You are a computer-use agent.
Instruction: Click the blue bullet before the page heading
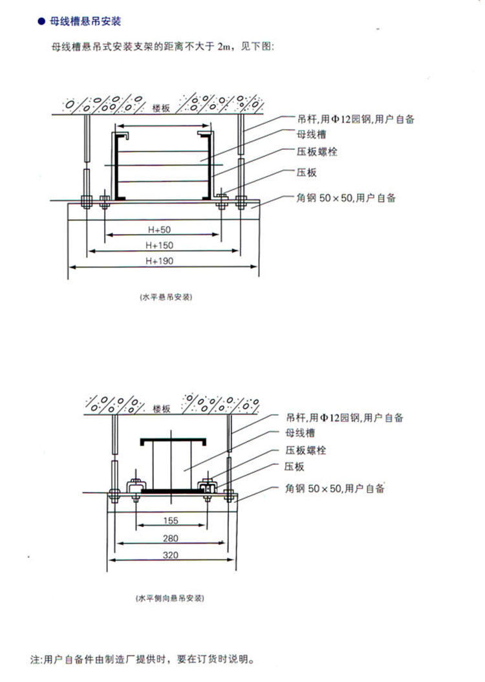point(41,21)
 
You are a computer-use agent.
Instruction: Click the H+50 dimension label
point(159,229)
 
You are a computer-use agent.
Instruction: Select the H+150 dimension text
point(159,245)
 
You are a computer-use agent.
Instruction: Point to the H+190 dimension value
point(159,261)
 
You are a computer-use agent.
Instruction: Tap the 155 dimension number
point(171,520)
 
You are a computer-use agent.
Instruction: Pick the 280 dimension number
point(171,538)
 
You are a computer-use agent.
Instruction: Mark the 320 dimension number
point(171,555)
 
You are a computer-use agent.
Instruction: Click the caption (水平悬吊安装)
point(166,297)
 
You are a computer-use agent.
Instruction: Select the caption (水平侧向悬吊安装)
point(169,598)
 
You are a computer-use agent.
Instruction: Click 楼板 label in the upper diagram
point(161,108)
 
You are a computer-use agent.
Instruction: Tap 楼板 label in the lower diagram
point(162,409)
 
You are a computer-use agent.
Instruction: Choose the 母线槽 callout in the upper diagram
point(312,134)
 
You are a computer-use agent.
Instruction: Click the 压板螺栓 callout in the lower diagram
point(306,450)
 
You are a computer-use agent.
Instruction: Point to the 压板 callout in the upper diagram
point(307,172)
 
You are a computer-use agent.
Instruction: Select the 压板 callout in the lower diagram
point(294,467)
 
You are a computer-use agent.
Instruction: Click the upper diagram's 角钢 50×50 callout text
point(346,198)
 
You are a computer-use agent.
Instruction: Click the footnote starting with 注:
point(142,659)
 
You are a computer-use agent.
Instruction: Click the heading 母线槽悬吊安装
point(85,21)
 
